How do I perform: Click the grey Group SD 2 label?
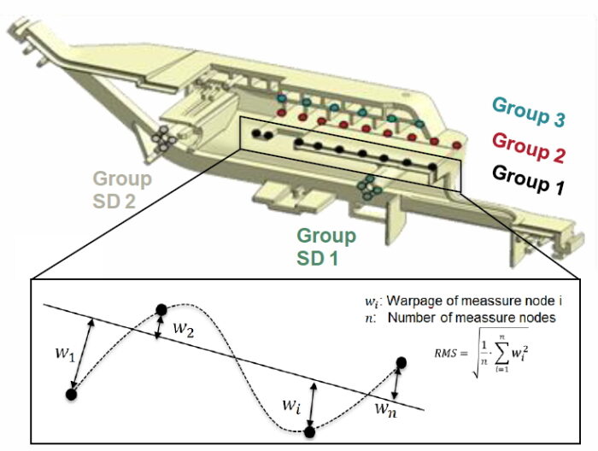pos(122,190)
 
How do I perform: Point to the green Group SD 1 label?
pos(327,246)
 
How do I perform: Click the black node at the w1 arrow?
pos(72,394)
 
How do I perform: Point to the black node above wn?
pos(402,364)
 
